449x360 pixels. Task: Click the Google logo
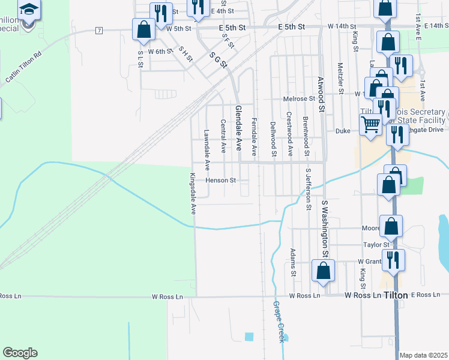tap(20, 353)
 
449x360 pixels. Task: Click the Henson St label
tap(220, 180)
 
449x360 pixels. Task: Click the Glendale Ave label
tap(238, 127)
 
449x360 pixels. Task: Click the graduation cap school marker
tap(28, 11)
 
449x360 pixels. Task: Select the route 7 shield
tap(99, 30)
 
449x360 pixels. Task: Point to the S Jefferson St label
tap(309, 190)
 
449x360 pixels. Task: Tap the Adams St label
tap(293, 262)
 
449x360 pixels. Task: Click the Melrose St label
tap(299, 98)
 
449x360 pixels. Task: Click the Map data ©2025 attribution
tap(423, 355)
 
